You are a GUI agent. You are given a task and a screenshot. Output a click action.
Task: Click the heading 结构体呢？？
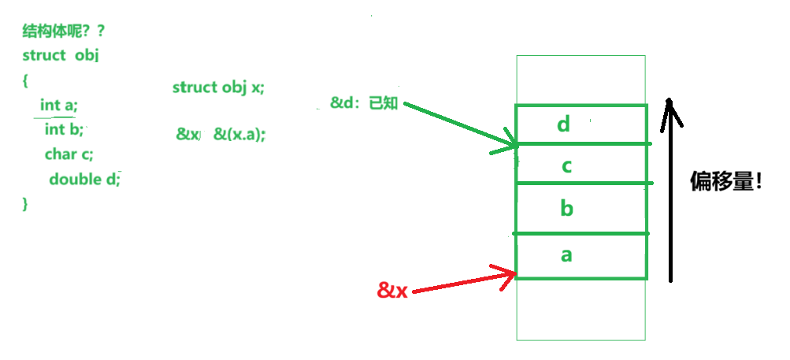[64, 33]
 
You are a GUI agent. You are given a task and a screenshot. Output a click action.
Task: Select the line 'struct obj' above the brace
[60, 56]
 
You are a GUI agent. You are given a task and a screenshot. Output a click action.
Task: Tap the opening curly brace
[26, 80]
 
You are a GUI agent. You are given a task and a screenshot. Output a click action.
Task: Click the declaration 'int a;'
[59, 105]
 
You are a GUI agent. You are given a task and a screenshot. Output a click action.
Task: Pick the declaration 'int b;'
[64, 129]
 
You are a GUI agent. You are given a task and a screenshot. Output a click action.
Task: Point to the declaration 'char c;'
[69, 154]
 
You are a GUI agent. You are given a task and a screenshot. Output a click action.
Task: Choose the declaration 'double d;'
[84, 179]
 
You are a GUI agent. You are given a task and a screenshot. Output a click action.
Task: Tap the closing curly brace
[25, 203]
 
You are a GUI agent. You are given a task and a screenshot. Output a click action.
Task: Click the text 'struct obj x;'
[218, 87]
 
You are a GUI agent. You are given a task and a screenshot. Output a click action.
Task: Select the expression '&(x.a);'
[239, 135]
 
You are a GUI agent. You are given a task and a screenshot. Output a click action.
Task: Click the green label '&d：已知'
[364, 103]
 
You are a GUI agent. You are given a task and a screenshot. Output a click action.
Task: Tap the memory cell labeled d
[581, 125]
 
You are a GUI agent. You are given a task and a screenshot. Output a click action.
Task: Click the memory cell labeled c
[581, 164]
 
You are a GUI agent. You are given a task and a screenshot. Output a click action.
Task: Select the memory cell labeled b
[581, 209]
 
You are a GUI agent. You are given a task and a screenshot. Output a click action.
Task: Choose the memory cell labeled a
[581, 256]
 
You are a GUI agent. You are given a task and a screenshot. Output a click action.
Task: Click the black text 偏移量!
[725, 182]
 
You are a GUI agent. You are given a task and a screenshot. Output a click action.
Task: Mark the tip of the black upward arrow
[669, 100]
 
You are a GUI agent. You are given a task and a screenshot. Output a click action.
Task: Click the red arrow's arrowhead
[514, 273]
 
